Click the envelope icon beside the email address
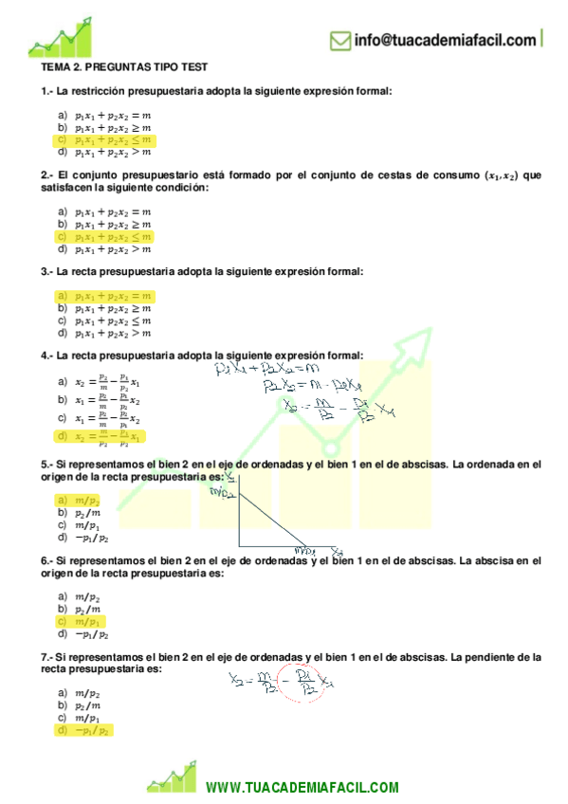click(x=340, y=41)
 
